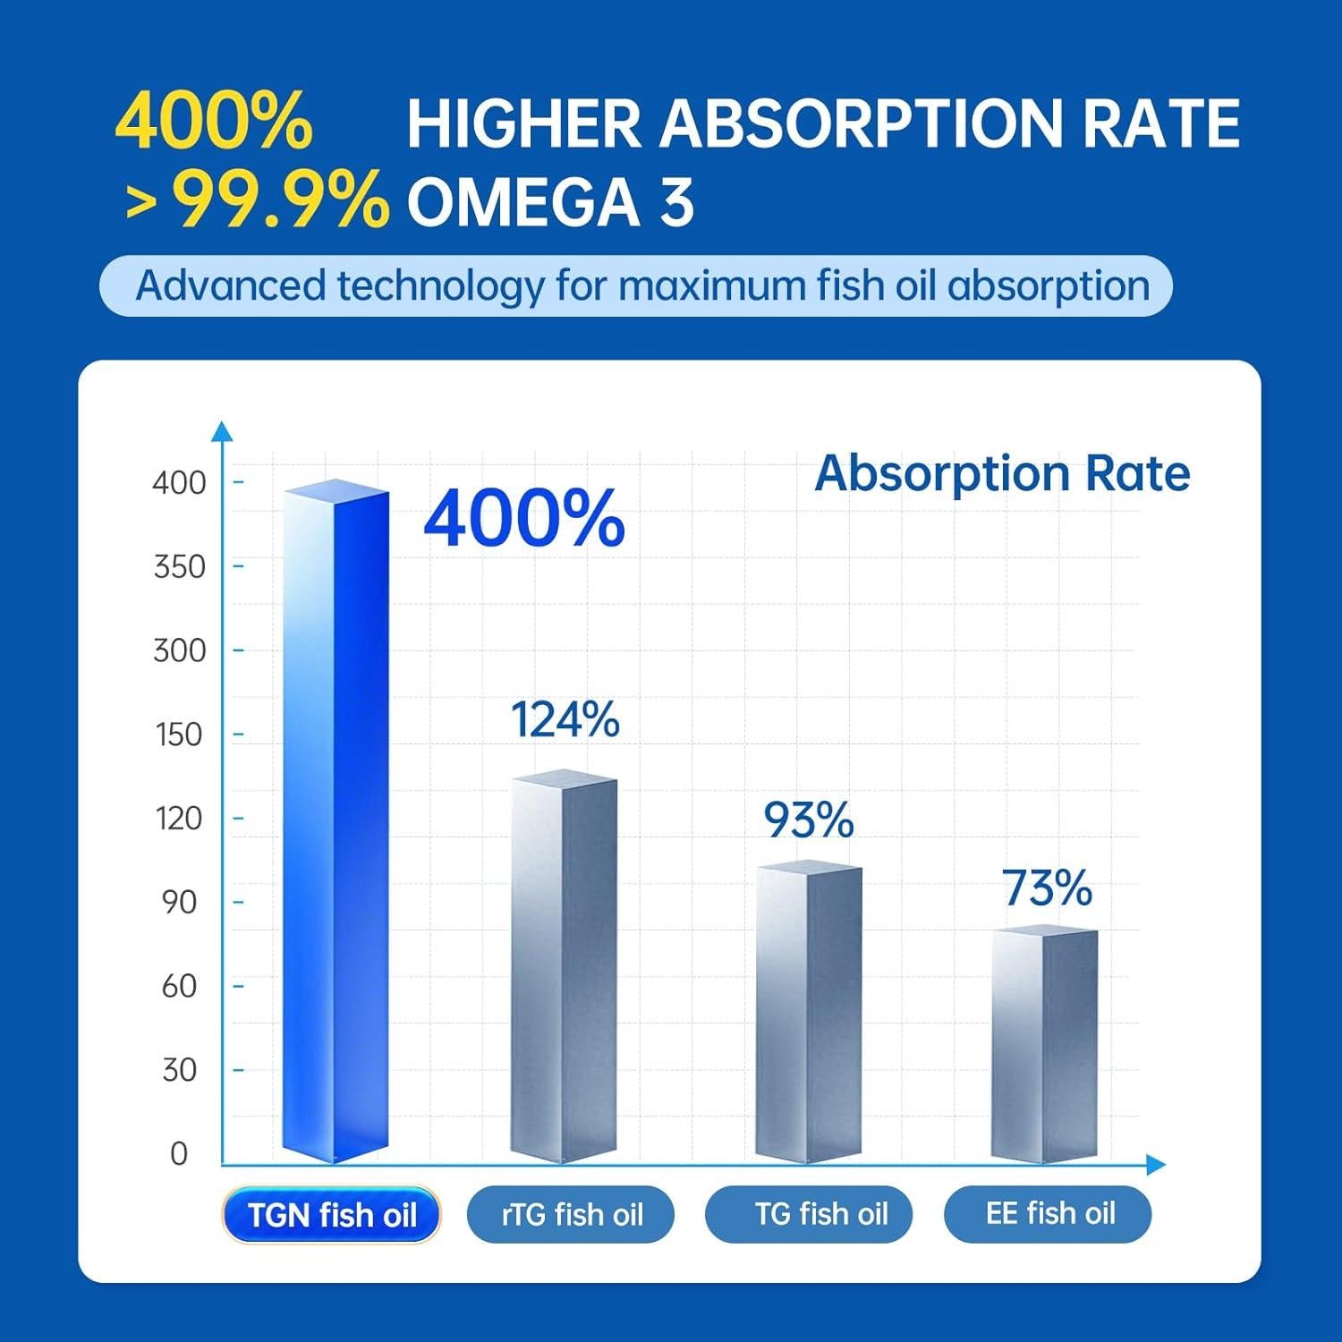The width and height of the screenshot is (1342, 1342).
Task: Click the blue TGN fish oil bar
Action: pos(335,823)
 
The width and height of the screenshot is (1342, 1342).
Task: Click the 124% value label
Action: pos(565,719)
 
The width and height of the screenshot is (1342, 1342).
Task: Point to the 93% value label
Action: pos(808,820)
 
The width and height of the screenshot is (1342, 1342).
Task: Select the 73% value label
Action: pos(1047,888)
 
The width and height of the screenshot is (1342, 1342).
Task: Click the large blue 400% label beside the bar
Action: pos(523,519)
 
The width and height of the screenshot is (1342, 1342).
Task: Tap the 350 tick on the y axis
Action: pos(179,566)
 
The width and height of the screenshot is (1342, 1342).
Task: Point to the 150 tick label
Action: pos(179,735)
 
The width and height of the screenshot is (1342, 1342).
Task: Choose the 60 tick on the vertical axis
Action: pos(179,986)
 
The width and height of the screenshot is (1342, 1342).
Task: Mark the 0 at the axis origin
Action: pos(179,1154)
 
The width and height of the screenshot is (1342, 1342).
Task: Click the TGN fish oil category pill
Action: pos(332,1215)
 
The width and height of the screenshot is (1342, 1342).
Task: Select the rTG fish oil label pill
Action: pos(571,1214)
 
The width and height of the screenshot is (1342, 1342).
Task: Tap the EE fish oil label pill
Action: pos(1049,1214)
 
